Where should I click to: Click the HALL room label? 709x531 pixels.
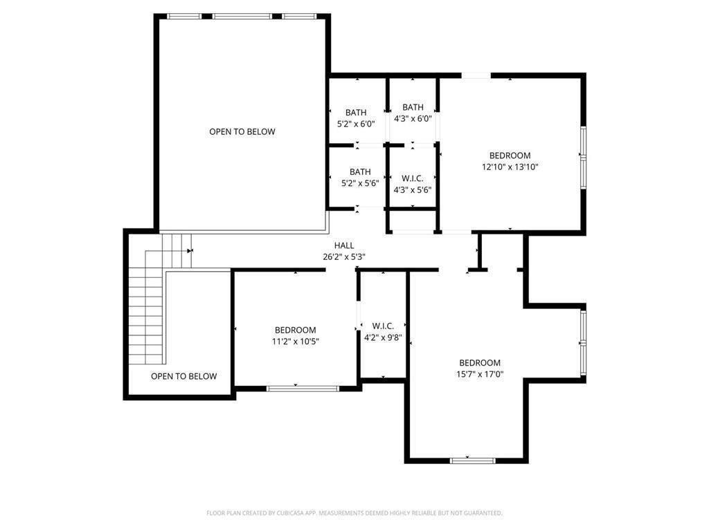point(344,245)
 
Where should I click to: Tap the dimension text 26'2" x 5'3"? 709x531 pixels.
point(344,257)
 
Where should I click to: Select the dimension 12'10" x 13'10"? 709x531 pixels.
point(510,167)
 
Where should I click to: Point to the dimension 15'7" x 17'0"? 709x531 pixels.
point(480,374)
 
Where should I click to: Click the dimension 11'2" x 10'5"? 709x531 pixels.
point(295,342)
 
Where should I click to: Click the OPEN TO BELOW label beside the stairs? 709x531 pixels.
point(184,376)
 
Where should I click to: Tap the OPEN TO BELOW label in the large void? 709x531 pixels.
point(242,131)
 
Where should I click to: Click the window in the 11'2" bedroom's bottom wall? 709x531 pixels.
point(303,389)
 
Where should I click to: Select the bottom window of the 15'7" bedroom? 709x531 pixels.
point(472,460)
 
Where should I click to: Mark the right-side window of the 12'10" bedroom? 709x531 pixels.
point(583,158)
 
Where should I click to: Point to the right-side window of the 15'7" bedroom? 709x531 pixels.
point(583,343)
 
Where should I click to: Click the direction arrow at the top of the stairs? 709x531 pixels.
point(190,250)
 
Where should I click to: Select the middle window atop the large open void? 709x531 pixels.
point(242,17)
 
